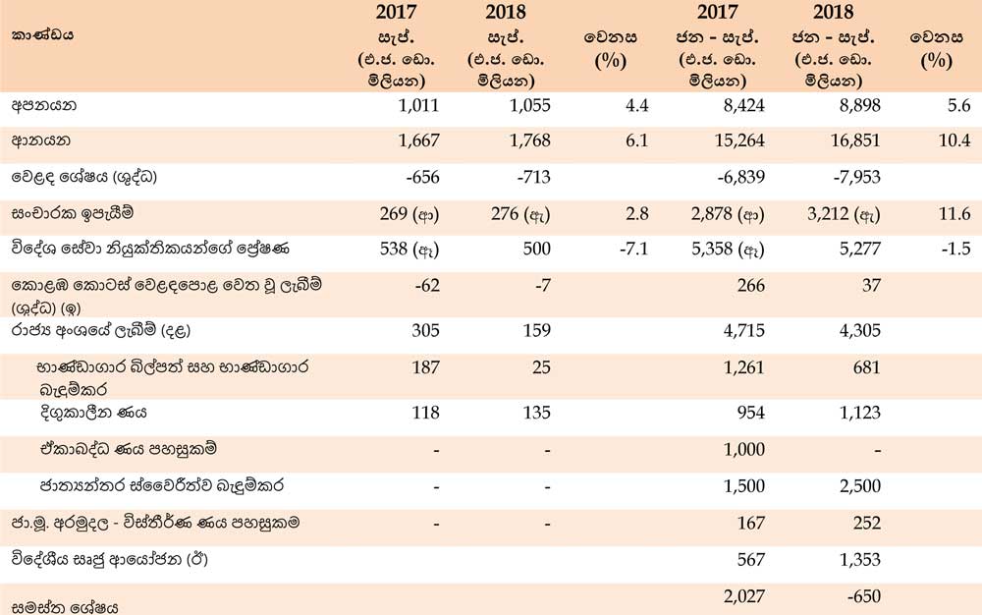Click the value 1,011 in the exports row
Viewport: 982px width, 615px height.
pyautogui.click(x=418, y=105)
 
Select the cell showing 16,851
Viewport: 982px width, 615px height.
pyautogui.click(x=855, y=140)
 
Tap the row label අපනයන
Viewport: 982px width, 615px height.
pyautogui.click(x=44, y=105)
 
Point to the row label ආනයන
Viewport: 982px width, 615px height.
pyautogui.click(x=40, y=140)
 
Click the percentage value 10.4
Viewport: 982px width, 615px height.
pyautogui.click(x=955, y=140)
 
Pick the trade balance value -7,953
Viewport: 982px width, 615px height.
pyautogui.click(x=856, y=177)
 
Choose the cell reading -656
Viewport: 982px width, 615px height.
pyautogui.click(x=422, y=177)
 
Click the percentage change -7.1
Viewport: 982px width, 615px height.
pyautogui.click(x=633, y=249)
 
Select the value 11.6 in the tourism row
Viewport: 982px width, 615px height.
pyautogui.click(x=955, y=214)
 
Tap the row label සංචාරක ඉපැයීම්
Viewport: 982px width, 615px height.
pyautogui.click(x=73, y=214)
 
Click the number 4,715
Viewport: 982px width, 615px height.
pyautogui.click(x=744, y=330)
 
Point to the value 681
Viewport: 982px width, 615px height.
pyautogui.click(x=867, y=367)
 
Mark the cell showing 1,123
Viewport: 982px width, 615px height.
pyautogui.click(x=860, y=413)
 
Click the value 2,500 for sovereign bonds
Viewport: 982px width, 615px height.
pyautogui.click(x=860, y=486)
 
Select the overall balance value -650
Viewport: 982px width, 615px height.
pyautogui.click(x=863, y=596)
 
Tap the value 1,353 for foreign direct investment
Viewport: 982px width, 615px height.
pyautogui.click(x=860, y=559)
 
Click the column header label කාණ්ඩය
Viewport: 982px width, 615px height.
pyautogui.click(x=42, y=35)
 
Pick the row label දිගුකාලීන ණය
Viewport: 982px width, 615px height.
pyautogui.click(x=93, y=413)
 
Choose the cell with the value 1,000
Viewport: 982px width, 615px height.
pyautogui.click(x=744, y=450)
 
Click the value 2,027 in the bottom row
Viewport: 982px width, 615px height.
pyautogui.click(x=744, y=596)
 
